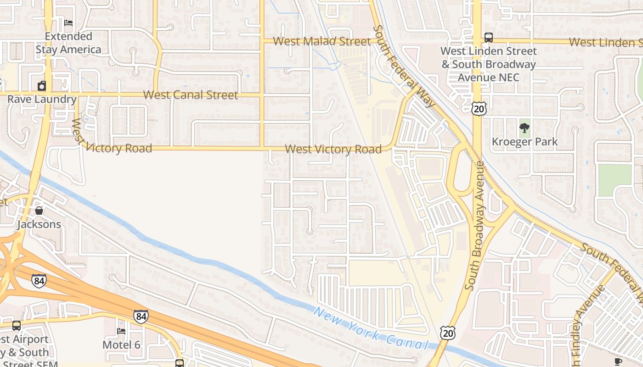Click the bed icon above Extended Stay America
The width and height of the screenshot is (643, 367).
click(x=68, y=22)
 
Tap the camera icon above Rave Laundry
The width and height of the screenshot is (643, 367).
click(x=42, y=86)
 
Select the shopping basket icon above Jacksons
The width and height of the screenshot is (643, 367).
click(x=39, y=211)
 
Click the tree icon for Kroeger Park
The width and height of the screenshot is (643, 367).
click(x=524, y=128)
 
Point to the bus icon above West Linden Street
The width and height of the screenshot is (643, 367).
click(x=488, y=38)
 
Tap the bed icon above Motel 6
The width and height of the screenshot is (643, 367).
click(x=121, y=331)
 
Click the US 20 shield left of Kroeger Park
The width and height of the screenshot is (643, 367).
click(x=478, y=108)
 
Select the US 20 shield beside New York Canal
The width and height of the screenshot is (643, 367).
click(x=448, y=333)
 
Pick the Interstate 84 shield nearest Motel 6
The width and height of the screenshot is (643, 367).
click(x=141, y=317)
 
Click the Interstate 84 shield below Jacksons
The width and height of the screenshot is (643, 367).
click(x=39, y=280)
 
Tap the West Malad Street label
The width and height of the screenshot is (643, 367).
click(x=322, y=41)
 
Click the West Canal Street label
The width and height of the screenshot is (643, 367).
click(x=191, y=95)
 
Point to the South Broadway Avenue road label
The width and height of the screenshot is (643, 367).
click(x=475, y=226)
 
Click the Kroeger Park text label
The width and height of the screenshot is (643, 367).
click(x=525, y=142)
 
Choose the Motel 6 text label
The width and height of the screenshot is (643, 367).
click(x=121, y=345)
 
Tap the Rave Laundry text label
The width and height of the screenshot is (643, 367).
click(x=42, y=99)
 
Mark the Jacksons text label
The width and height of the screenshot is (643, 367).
click(x=39, y=224)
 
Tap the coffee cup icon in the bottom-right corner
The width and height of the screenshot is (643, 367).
click(x=618, y=361)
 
